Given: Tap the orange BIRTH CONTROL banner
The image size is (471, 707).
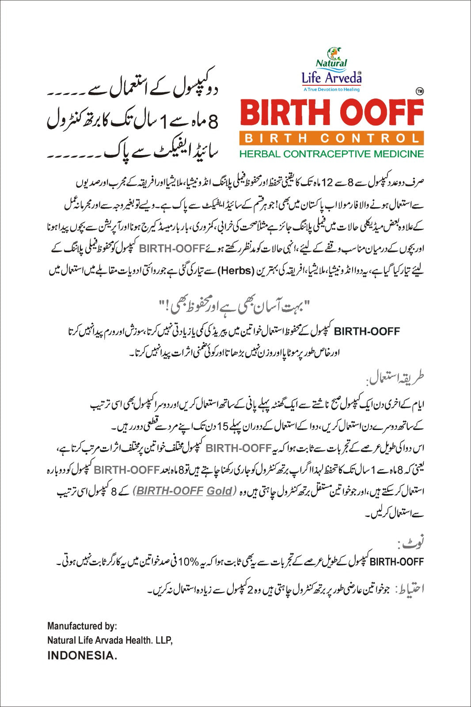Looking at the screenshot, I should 332,138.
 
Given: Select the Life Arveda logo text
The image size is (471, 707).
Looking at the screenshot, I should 331,78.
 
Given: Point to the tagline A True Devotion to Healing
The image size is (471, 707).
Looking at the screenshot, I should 331,89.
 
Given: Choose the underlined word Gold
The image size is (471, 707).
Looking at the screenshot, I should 219,491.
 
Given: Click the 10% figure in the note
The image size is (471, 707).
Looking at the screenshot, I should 188,562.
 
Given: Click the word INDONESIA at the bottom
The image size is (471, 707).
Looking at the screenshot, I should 82,656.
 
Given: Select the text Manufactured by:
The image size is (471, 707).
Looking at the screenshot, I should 82,626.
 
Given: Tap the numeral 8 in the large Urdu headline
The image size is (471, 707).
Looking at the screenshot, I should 213,121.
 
